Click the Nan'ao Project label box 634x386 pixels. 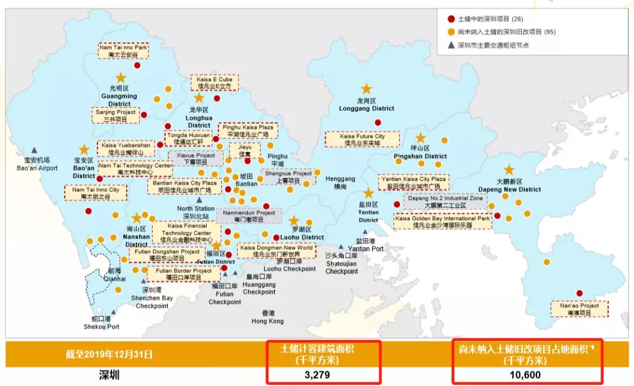[579, 309]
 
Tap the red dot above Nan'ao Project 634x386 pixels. [579, 293]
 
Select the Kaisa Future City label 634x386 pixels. [362, 140]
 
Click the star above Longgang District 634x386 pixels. [366, 89]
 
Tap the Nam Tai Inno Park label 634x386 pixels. [123, 50]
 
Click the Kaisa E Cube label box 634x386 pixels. [215, 82]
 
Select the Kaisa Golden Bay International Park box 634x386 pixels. [443, 221]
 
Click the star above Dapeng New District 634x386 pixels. [509, 170]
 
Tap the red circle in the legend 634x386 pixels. [451, 19]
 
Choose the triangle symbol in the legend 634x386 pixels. [451, 45]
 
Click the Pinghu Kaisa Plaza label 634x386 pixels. [250, 130]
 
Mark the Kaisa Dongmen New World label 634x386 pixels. [276, 251]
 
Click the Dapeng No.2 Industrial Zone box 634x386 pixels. [445, 202]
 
